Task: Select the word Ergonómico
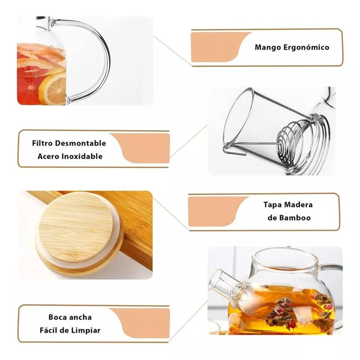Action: pyautogui.click(x=306, y=47)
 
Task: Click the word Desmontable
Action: pyautogui.click(x=81, y=143)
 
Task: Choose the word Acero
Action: pyautogui.click(x=48, y=156)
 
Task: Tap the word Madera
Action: pyautogui.click(x=298, y=205)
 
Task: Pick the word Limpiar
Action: pyautogui.click(x=85, y=331)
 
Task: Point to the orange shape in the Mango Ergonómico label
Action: pyautogui.click(x=216, y=46)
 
